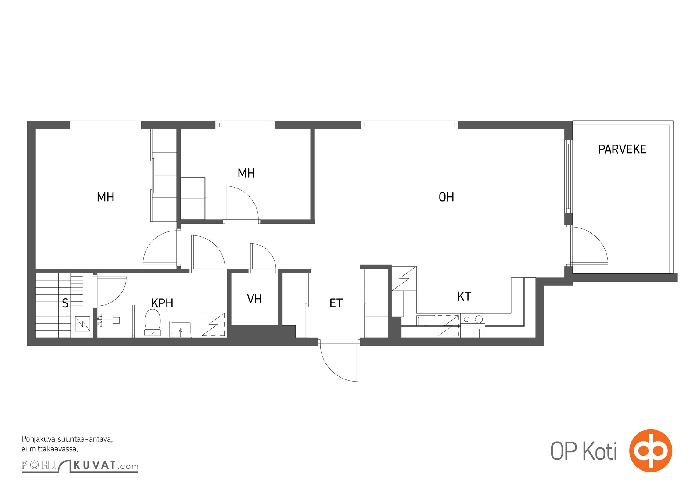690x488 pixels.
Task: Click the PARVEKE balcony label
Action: (x=622, y=149)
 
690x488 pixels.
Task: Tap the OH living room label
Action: (x=446, y=197)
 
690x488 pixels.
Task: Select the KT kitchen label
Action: (x=464, y=296)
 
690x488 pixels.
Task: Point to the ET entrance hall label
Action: (x=336, y=303)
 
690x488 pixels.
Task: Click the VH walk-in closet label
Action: (x=254, y=299)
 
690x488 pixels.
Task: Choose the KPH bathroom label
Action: (x=162, y=303)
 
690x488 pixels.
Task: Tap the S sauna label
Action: (x=65, y=303)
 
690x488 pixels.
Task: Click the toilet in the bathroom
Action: (x=153, y=322)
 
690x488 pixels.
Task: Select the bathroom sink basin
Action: (x=181, y=329)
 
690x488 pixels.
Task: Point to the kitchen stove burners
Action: (x=473, y=319)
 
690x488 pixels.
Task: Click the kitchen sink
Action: (x=426, y=321)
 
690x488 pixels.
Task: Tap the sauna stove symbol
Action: (x=82, y=324)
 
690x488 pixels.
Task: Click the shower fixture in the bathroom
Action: (x=108, y=320)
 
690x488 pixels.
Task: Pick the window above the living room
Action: (x=409, y=125)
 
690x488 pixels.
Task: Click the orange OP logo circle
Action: (x=651, y=451)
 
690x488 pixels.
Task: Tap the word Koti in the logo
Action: (x=600, y=451)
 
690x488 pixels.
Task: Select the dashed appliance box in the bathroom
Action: (x=213, y=324)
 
